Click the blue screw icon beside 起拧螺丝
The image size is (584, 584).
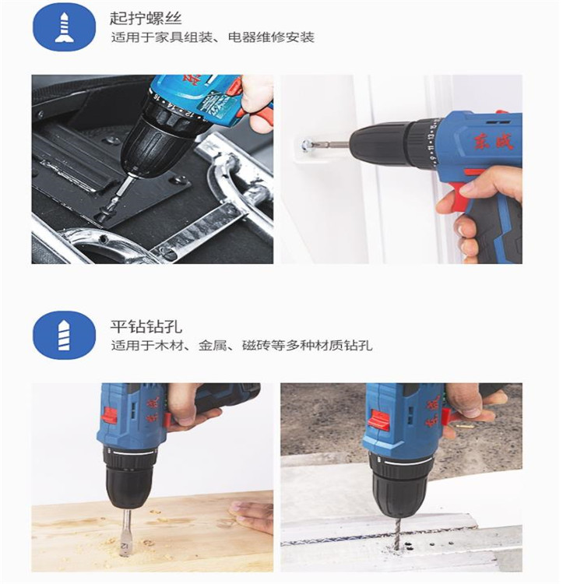[x=64, y=26]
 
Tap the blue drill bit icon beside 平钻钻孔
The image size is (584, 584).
[x=64, y=335]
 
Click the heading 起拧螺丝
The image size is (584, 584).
[x=146, y=19]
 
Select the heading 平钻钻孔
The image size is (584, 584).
[x=146, y=326]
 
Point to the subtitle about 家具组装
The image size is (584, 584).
[x=213, y=37]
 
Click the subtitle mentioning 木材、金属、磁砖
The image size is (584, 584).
[x=241, y=346]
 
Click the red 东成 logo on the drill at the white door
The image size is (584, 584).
[x=494, y=141]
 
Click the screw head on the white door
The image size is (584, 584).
[x=308, y=144]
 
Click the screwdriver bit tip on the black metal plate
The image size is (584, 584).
[x=111, y=204]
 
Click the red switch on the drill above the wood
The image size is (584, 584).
[x=109, y=416]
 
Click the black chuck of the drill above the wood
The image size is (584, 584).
[x=128, y=480]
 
